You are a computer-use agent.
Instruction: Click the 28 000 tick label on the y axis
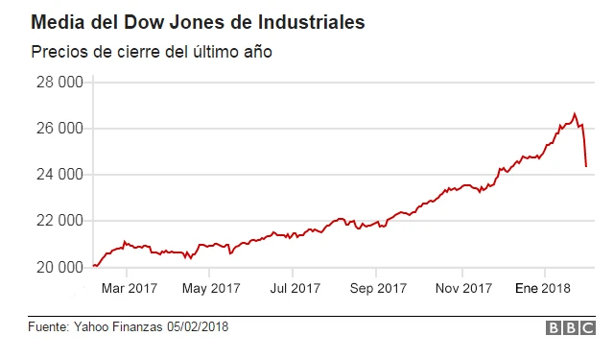(x=59, y=83)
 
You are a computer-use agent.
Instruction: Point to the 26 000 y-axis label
(x=59, y=129)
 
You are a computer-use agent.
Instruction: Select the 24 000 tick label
(x=59, y=175)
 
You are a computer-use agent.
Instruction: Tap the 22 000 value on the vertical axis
(x=59, y=221)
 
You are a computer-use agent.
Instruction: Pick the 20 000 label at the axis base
(x=59, y=267)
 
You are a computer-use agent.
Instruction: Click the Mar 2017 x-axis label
(x=129, y=287)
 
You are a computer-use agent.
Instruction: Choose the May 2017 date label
(x=211, y=287)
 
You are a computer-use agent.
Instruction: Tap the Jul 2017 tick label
(x=295, y=287)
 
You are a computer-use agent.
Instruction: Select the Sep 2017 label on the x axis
(x=378, y=287)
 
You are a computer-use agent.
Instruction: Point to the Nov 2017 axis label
(x=462, y=287)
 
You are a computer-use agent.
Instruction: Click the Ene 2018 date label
(x=544, y=287)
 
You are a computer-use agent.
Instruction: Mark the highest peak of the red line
(x=575, y=113)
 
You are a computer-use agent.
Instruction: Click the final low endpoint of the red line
(x=586, y=166)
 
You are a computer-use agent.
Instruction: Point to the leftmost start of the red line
(x=93, y=266)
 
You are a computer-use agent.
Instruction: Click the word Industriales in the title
(x=311, y=21)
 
